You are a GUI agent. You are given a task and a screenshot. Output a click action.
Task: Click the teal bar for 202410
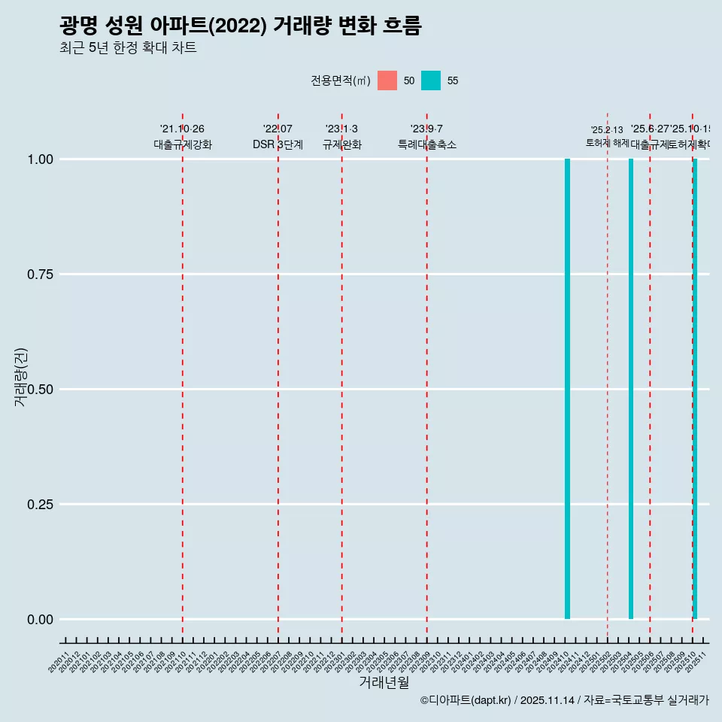(x=567, y=389)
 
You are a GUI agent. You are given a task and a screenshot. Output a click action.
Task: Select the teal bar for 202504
(x=631, y=389)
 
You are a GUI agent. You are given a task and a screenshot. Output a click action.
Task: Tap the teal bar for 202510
(x=695, y=389)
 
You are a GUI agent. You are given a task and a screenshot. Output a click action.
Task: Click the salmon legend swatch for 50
(x=387, y=80)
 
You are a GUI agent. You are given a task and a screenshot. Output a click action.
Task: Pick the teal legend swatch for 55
(x=431, y=80)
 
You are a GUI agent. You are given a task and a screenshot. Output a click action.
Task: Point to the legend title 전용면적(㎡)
(x=340, y=80)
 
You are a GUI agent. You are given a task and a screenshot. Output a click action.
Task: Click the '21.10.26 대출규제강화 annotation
(x=182, y=137)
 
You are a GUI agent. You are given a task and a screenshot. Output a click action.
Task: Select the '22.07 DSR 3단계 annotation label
(x=278, y=137)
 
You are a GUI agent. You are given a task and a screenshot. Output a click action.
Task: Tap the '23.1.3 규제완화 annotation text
(x=341, y=137)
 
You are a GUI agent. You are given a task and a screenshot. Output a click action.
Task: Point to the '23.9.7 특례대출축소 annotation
(x=426, y=137)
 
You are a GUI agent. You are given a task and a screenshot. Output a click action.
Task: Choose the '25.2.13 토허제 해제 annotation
(x=607, y=136)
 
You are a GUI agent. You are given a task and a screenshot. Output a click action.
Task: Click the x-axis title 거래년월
(x=384, y=683)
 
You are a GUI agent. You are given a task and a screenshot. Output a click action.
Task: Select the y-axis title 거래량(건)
(x=20, y=377)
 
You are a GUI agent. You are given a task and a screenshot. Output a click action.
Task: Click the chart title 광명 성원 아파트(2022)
(x=240, y=26)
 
